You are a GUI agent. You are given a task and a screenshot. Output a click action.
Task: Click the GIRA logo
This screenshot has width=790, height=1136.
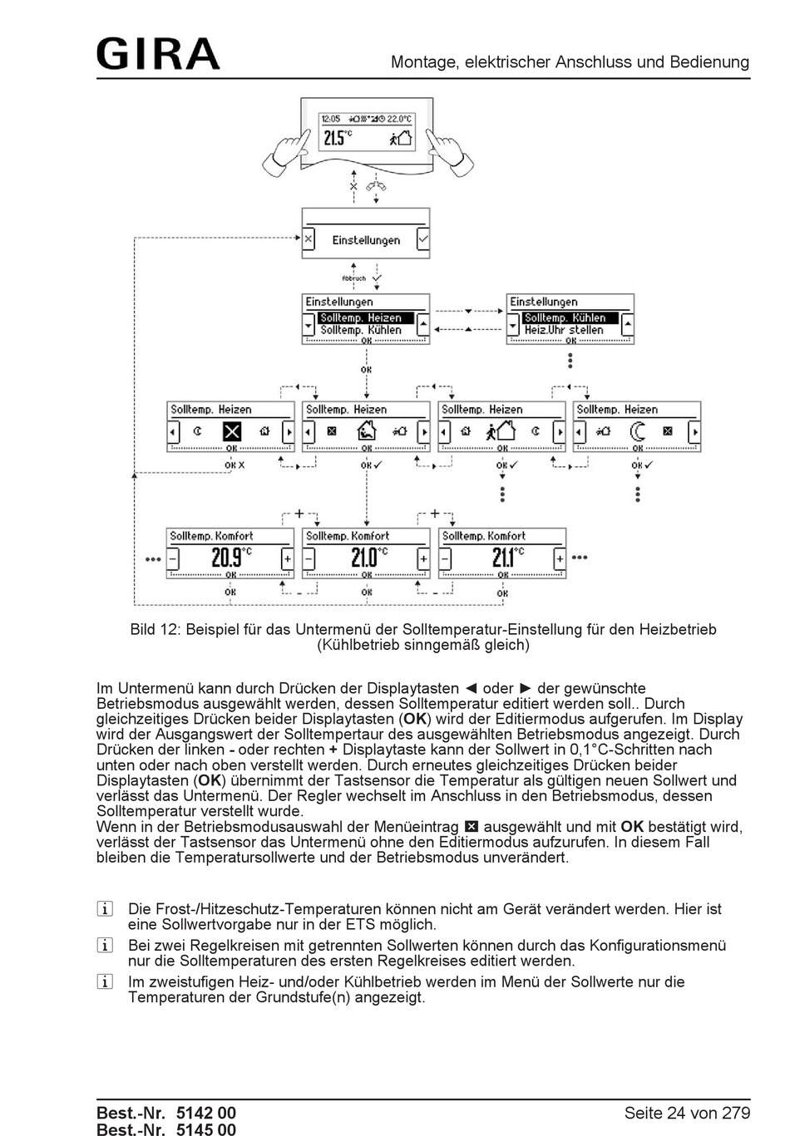[x=158, y=54]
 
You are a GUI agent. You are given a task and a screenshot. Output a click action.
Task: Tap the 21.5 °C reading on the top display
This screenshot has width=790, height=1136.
[x=337, y=138]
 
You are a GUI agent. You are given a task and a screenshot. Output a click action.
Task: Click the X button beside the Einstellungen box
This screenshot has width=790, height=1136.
[x=309, y=239]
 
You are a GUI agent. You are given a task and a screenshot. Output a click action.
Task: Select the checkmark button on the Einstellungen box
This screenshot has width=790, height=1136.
[x=423, y=239]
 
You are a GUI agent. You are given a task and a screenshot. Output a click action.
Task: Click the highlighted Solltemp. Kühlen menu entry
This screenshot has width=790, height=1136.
[x=570, y=318]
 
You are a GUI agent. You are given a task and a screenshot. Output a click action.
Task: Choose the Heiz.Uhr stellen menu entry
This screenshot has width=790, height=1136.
[x=564, y=330]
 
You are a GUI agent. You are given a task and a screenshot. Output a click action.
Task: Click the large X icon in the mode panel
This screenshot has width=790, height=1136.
[x=232, y=431]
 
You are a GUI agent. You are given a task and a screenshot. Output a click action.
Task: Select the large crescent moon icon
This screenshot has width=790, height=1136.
[x=638, y=431]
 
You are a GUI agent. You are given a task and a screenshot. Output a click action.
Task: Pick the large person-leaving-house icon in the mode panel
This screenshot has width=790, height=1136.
[x=501, y=431]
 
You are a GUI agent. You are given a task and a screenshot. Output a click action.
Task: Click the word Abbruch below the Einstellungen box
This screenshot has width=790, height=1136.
[x=353, y=278]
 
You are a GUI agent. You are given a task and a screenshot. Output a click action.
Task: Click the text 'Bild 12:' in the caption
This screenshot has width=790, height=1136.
[x=155, y=630]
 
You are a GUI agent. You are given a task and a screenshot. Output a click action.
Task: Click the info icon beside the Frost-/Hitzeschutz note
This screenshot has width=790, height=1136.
[x=105, y=909]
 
